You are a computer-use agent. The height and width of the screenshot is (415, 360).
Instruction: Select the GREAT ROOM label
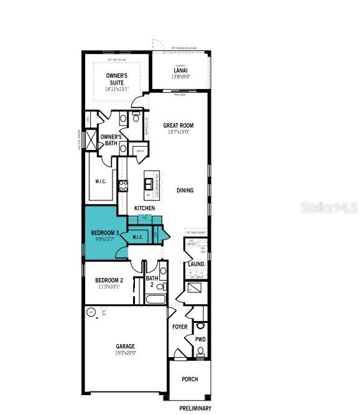pos(178,125)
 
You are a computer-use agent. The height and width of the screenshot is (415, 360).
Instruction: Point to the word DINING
pos(185,190)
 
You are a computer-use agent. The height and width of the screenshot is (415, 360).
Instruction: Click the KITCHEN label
pos(145,208)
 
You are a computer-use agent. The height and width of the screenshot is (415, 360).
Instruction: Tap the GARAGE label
pos(125,346)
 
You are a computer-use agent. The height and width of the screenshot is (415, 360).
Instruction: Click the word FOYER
pos(180,327)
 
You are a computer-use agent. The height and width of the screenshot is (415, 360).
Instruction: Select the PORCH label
pos(190,379)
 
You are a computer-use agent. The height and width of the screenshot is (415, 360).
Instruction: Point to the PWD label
pos(200,340)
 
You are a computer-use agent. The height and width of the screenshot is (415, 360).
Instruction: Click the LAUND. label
pos(196,264)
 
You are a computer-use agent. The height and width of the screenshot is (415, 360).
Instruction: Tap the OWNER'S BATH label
pos(111,140)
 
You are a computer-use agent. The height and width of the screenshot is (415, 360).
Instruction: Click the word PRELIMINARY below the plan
pos(195,409)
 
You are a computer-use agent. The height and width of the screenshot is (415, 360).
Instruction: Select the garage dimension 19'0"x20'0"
pos(125,353)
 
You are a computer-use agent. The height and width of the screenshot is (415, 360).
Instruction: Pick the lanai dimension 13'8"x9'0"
pos(180,78)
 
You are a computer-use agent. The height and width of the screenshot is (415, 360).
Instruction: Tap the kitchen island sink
pos(149,182)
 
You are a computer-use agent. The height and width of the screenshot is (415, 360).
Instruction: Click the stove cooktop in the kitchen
pos(123,185)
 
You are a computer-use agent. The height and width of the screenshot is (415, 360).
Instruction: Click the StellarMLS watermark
pos(329,207)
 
